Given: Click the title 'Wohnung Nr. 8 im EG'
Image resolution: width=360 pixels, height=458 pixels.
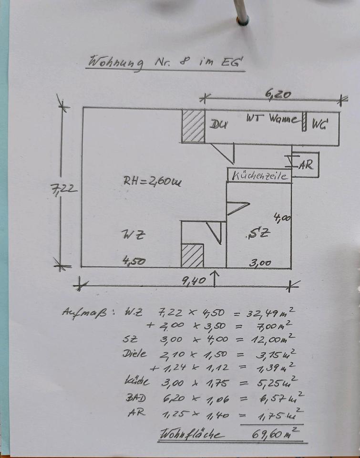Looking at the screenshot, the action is coord(165,62).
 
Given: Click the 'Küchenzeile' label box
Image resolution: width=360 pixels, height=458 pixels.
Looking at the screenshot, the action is coord(259,176).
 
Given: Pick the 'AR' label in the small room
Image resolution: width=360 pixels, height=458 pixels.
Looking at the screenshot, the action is coord(306,165).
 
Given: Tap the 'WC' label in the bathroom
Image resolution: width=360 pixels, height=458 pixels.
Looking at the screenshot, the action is coord(320,125).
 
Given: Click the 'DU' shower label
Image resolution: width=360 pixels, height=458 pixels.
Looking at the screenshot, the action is coord(218,125).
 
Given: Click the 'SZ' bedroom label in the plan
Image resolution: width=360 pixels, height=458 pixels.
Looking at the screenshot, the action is coord(260,233).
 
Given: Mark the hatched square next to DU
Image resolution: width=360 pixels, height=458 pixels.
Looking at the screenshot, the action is coord(193,126).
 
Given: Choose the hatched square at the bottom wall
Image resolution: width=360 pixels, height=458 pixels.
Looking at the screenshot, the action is coord(192,256).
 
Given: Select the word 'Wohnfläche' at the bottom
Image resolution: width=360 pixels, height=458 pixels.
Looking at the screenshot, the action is coord(192,435).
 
